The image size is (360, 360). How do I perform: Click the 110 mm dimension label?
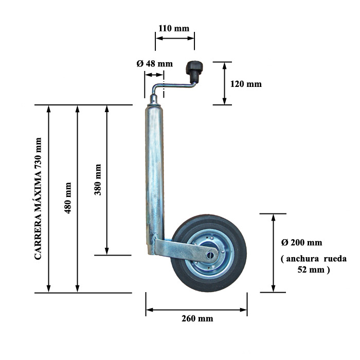(x=174, y=28)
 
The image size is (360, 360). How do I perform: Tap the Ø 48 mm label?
(x=154, y=64)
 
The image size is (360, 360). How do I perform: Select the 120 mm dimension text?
(x=246, y=84)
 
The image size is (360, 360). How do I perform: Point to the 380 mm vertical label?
(x=98, y=179)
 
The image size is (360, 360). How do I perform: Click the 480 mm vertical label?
(x=68, y=198)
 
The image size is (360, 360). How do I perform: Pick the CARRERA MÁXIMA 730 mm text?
(x=38, y=199)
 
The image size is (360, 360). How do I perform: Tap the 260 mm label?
(x=197, y=318)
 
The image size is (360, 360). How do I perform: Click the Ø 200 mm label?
(x=302, y=242)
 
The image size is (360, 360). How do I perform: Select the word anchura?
(x=302, y=259)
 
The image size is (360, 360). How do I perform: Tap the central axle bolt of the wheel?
(x=210, y=255)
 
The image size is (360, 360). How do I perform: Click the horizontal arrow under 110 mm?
(x=175, y=38)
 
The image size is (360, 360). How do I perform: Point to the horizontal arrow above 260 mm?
(x=196, y=310)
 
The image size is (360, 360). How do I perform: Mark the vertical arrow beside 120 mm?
(x=225, y=83)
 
